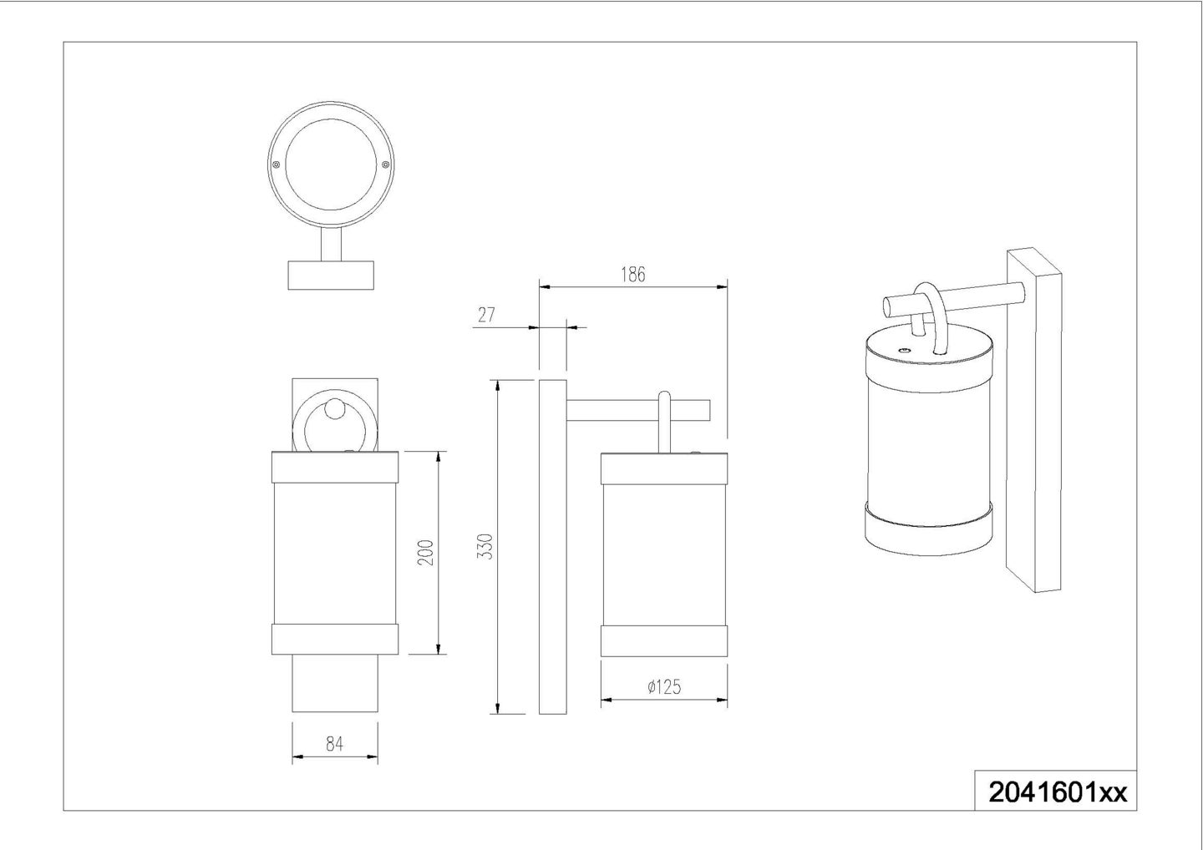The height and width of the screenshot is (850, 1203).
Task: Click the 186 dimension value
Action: coord(632,275)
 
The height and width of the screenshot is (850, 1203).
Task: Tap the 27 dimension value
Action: coord(486,315)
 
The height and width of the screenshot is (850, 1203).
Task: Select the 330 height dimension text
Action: coord(485,547)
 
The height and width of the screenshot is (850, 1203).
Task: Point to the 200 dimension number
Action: coord(425,552)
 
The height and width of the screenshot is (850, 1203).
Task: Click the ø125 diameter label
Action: coord(664,687)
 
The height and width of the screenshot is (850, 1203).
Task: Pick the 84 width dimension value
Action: coord(334,744)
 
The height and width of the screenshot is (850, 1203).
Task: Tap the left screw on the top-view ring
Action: coord(276,164)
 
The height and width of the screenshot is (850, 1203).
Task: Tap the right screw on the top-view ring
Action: coord(385,164)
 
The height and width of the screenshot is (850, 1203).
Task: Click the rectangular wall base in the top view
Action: coord(331,276)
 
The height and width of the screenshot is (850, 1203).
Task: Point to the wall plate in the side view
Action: coord(553,547)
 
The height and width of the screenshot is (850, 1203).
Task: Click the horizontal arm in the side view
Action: coord(638,411)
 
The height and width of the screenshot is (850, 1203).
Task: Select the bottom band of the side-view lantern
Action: coord(664,640)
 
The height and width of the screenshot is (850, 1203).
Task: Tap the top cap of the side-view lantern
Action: coord(664,468)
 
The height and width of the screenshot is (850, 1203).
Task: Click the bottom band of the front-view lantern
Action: coord(335,639)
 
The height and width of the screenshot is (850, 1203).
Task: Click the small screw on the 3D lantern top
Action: coord(904,350)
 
